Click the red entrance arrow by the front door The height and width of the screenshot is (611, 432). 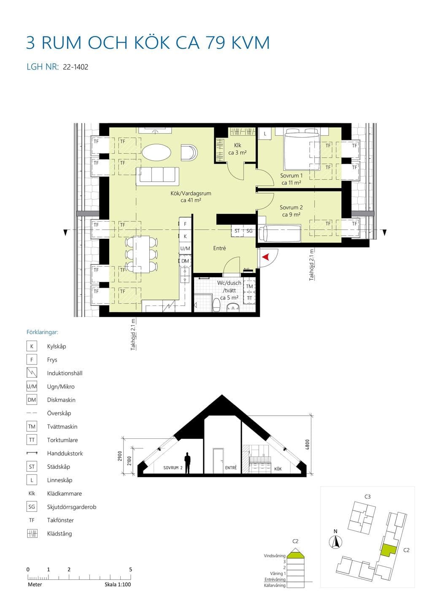(266, 257)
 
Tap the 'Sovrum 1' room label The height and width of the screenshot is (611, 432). (291, 176)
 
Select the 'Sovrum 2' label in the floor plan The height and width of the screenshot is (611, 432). (291, 208)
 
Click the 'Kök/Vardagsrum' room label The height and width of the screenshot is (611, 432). (191, 193)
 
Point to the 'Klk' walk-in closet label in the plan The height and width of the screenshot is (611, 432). (237, 146)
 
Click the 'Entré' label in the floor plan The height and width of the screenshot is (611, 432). (219, 248)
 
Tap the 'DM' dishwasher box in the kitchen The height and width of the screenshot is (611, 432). (185, 261)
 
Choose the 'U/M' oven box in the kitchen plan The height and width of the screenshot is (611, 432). (185, 248)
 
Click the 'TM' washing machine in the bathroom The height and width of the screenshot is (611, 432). (249, 286)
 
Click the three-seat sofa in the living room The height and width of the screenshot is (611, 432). (157, 176)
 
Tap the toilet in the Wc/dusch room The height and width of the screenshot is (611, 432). (216, 305)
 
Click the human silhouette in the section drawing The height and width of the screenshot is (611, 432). (187, 463)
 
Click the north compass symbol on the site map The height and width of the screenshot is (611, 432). (335, 542)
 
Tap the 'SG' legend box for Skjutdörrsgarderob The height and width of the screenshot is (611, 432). (32, 507)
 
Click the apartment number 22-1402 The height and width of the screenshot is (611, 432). (76, 67)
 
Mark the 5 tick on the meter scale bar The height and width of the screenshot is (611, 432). (131, 577)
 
